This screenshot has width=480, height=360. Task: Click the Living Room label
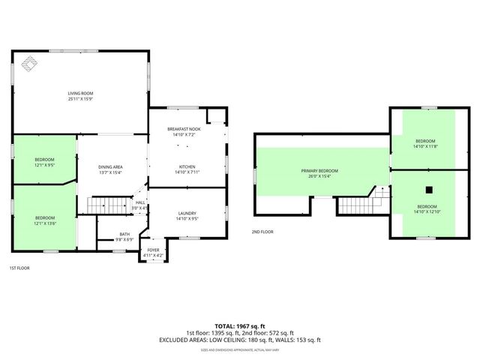(x=80, y=93)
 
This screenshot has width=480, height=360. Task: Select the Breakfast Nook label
(x=184, y=130)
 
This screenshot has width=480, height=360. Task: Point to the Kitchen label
(x=187, y=166)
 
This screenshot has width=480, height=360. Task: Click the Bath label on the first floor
(x=124, y=235)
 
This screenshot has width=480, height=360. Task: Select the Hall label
(x=140, y=202)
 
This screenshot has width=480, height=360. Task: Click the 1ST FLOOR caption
(x=20, y=268)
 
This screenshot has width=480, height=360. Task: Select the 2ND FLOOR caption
(x=262, y=232)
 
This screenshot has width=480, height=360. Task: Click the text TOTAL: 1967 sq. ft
(x=239, y=325)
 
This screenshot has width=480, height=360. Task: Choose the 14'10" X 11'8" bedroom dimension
(x=425, y=147)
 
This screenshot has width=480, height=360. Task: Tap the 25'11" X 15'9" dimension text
(x=80, y=99)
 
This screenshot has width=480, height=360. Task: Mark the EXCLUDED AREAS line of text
(x=239, y=340)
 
